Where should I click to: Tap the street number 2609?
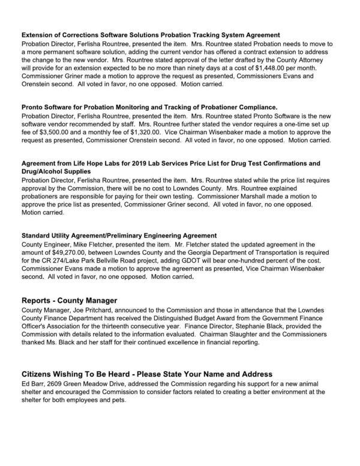click(x=60, y=383)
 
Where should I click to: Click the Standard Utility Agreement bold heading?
click(x=119, y=236)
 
